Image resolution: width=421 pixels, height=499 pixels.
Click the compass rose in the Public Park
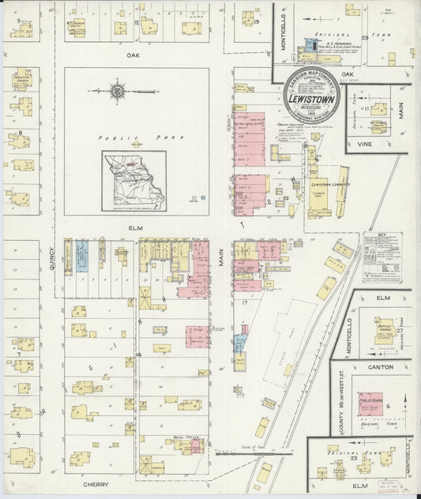(118, 92)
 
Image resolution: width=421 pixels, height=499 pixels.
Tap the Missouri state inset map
(134, 182)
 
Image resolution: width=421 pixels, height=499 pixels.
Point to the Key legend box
(381, 257)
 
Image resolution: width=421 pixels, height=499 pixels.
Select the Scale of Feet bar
(234, 452)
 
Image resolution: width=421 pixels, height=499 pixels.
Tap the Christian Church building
(21, 83)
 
